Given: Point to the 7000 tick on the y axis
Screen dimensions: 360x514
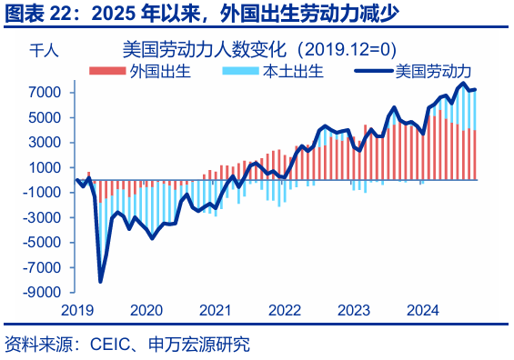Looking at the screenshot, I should (45, 93).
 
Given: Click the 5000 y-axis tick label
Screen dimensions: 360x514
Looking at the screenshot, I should (45, 118).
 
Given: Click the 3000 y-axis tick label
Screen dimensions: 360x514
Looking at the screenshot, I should (45, 143).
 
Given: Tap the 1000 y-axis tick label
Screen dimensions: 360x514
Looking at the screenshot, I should (45, 168).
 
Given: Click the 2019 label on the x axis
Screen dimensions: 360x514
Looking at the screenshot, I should (77, 310).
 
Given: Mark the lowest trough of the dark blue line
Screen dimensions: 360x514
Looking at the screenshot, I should (100, 282).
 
